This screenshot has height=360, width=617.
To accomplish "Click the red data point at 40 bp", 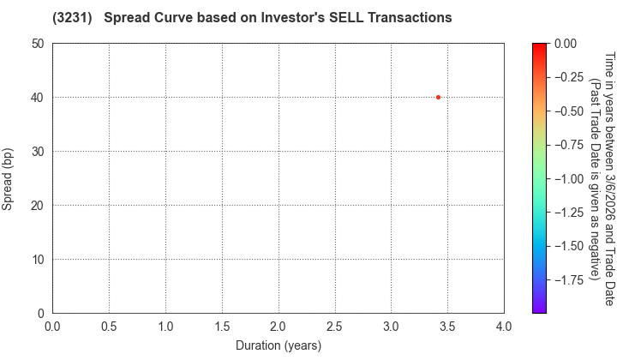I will pyautogui.click(x=438, y=98).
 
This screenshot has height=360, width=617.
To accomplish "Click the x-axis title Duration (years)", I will pyautogui.click(x=278, y=345).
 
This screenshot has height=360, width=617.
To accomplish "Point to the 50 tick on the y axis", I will pyautogui.click(x=38, y=44).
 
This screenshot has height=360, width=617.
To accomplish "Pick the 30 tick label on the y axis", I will pyautogui.click(x=38, y=152).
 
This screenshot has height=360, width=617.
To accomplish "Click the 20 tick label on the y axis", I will pyautogui.click(x=38, y=206).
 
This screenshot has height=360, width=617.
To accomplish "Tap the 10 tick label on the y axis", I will pyautogui.click(x=38, y=260).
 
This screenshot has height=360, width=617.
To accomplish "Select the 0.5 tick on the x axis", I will pyautogui.click(x=109, y=327).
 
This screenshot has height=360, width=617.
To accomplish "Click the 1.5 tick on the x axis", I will pyautogui.click(x=222, y=327).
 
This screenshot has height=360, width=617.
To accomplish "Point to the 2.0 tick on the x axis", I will pyautogui.click(x=278, y=327).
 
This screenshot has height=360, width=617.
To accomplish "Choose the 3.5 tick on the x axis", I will pyautogui.click(x=447, y=327).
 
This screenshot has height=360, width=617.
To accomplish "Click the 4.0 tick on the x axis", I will pyautogui.click(x=504, y=327).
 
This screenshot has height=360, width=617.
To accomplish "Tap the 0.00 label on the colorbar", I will pyautogui.click(x=566, y=44).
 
